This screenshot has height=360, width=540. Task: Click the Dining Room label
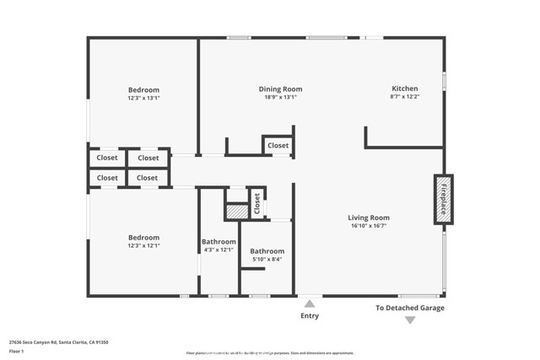pyautogui.click(x=280, y=89)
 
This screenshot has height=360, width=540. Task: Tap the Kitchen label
pyautogui.click(x=404, y=89)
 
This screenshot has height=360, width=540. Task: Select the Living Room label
pyautogui.click(x=370, y=218)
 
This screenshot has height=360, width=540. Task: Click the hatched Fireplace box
pyautogui.click(x=443, y=198)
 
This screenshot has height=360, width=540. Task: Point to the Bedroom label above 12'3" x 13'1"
pyautogui.click(x=143, y=89)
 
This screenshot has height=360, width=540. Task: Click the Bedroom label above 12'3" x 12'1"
pyautogui.click(x=143, y=237)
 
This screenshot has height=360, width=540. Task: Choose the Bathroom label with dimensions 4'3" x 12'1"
pyautogui.click(x=219, y=241)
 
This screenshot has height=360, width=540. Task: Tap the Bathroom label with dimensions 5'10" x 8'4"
pyautogui.click(x=267, y=251)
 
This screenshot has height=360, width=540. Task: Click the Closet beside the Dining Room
pyautogui.click(x=278, y=145)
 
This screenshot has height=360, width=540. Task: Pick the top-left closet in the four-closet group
pyautogui.click(x=107, y=158)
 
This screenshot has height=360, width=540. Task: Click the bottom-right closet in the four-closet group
pyautogui.click(x=147, y=178)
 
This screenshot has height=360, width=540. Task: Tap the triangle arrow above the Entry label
pyautogui.click(x=310, y=304)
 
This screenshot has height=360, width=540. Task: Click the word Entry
pyautogui.click(x=310, y=316)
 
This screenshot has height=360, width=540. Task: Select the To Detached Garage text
pyautogui.click(x=409, y=308)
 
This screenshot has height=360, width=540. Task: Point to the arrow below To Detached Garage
pyautogui.click(x=409, y=320)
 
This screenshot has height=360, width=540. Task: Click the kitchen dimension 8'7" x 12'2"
pyautogui.click(x=404, y=97)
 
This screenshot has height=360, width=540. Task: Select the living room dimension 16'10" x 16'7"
pyautogui.click(x=370, y=226)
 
